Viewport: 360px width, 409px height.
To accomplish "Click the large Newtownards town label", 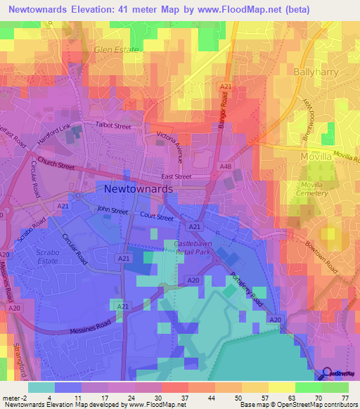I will click(139, 190).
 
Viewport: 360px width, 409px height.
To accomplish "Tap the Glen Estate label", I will click(117, 51).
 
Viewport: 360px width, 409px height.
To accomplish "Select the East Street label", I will click(176, 177).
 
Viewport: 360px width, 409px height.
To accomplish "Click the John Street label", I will click(112, 210).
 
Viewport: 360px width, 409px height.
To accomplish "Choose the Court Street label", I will click(156, 217).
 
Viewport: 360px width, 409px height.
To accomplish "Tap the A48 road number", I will click(226, 167).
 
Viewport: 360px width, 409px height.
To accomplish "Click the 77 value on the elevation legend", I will click(344, 398).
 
